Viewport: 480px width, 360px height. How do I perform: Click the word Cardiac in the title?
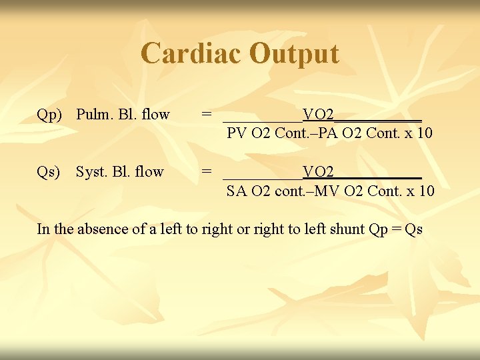pyautogui.click(x=191, y=53)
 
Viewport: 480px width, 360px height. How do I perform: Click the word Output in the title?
pyautogui.click(x=293, y=53)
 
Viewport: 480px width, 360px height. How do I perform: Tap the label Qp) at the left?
pyautogui.click(x=49, y=115)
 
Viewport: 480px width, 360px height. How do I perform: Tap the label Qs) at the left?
pyautogui.click(x=49, y=172)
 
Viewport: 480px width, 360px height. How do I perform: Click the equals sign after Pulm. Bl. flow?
pyautogui.click(x=207, y=115)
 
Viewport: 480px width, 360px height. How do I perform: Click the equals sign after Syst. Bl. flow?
pyautogui.click(x=207, y=172)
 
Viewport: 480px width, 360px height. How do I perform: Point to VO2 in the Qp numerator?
pyautogui.click(x=319, y=114)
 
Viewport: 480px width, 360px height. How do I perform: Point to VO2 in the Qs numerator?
pyautogui.click(x=319, y=172)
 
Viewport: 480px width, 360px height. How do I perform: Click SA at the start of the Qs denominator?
pyautogui.click(x=237, y=191)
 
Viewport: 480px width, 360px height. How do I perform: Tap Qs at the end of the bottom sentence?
pyautogui.click(x=413, y=230)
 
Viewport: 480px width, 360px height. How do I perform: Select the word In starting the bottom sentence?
pyautogui.click(x=43, y=229)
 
